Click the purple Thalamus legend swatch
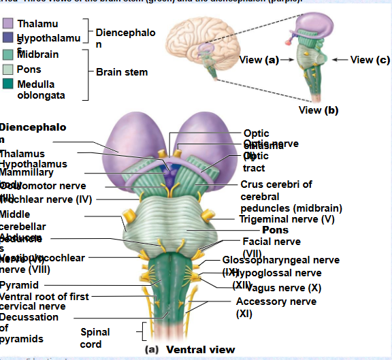[7, 24]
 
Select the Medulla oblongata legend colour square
[7, 84]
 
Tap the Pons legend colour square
[7, 69]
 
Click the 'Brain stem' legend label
[121, 71]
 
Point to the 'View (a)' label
[259, 60]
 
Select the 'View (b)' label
[318, 110]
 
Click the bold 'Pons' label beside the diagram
[275, 230]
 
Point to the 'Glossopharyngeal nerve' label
[280, 260]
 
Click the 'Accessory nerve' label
[276, 301]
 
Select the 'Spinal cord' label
[91, 338]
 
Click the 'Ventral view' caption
[200, 350]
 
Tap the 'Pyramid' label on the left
[19, 285]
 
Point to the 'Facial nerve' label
[271, 241]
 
